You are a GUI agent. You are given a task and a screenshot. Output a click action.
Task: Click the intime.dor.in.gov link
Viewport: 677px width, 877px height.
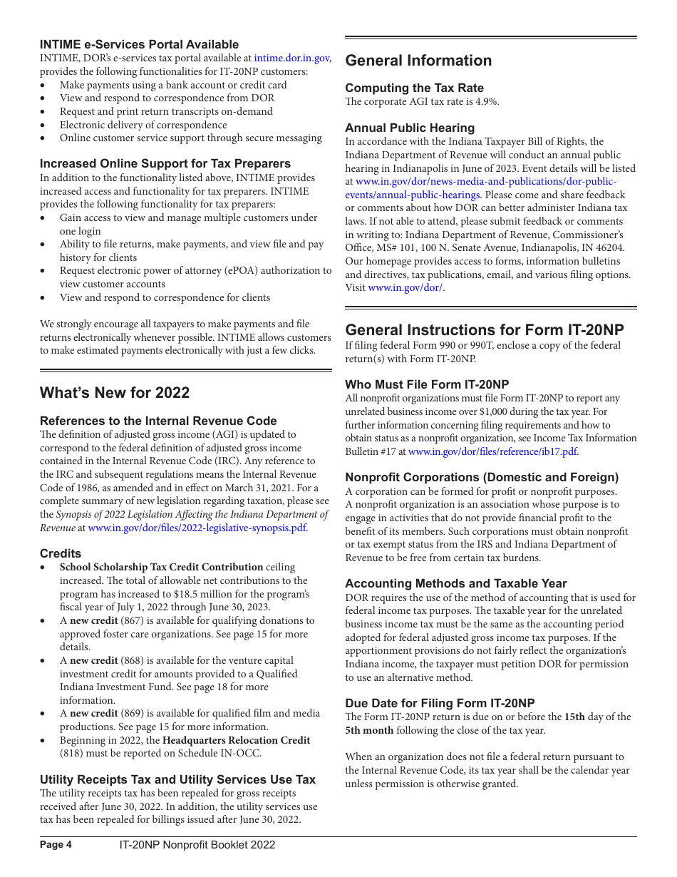click(x=291, y=58)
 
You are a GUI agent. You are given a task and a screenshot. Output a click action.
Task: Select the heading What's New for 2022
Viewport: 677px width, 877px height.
click(x=115, y=393)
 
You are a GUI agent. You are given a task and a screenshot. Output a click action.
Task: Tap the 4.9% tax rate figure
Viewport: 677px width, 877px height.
click(x=487, y=101)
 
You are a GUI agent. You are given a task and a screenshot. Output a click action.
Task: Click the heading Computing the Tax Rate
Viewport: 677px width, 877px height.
click(x=414, y=88)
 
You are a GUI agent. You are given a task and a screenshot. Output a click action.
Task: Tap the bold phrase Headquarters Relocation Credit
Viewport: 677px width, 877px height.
click(x=236, y=740)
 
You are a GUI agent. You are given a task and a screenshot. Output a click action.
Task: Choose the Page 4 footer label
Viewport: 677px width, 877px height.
click(x=56, y=845)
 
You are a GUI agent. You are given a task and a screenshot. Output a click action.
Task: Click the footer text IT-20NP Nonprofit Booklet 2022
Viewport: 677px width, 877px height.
click(x=197, y=845)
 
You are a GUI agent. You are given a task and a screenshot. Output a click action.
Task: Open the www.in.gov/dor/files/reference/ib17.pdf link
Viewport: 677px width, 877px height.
click(x=492, y=451)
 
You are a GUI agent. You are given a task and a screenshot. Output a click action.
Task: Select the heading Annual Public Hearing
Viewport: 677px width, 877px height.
click(x=410, y=128)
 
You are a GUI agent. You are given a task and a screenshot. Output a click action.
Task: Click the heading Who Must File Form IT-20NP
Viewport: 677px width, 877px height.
click(x=427, y=384)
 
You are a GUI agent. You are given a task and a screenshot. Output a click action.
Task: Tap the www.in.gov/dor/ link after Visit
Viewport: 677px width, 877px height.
click(x=405, y=288)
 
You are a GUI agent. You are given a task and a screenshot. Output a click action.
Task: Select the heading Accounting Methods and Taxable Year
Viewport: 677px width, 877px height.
click(x=456, y=583)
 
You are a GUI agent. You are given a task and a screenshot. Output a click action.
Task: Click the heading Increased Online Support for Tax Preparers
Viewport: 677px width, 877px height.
click(x=165, y=163)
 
